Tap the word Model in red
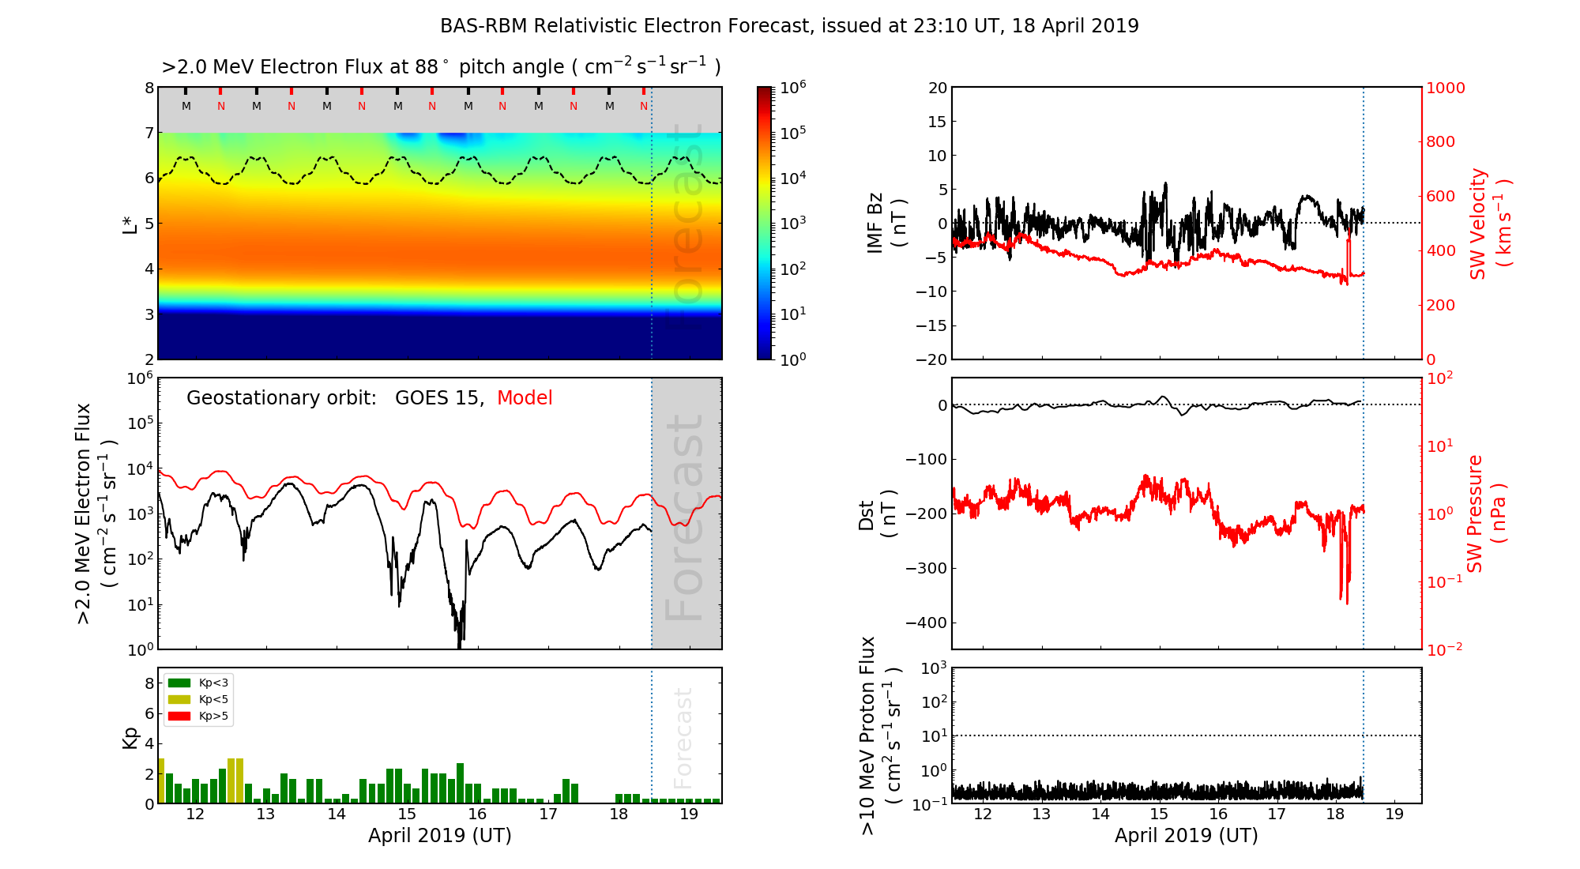[x=525, y=398]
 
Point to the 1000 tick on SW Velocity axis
[x=1445, y=88]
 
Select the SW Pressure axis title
[x=1486, y=513]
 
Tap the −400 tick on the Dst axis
[x=926, y=623]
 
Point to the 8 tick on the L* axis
[x=149, y=88]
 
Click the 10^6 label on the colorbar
[x=793, y=87]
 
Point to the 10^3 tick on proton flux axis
[x=933, y=668]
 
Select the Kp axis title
[x=130, y=737]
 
